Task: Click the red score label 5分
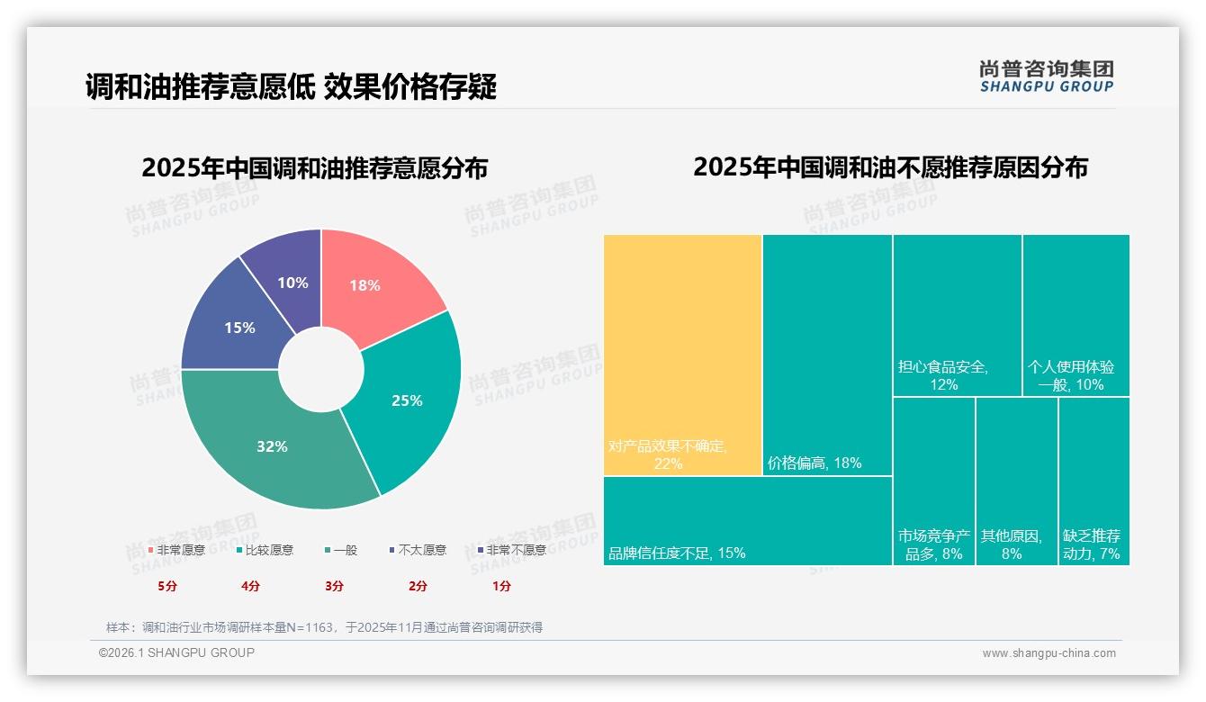pyautogui.click(x=167, y=586)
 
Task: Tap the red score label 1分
pyautogui.click(x=501, y=586)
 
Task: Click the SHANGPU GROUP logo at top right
pyautogui.click(x=1046, y=76)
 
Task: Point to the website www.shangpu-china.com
pyautogui.click(x=1048, y=653)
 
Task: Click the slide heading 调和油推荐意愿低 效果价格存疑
pyautogui.click(x=291, y=87)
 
